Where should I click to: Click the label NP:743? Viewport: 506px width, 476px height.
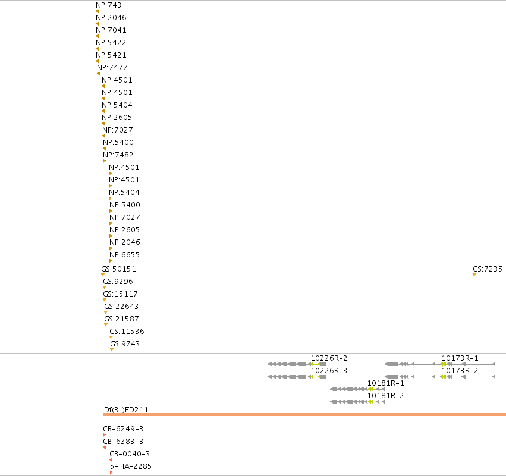point(108,5)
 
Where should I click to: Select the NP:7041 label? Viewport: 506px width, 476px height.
point(111,30)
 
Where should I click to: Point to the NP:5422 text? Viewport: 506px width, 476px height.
point(111,43)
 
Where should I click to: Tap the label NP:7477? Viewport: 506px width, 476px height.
point(112,67)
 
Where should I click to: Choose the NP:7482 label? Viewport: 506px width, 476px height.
point(118,155)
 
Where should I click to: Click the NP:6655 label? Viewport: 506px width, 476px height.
point(124,255)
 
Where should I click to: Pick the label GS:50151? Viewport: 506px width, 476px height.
point(119,269)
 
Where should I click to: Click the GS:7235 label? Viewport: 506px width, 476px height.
point(488,269)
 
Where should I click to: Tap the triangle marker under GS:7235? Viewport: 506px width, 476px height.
point(474,275)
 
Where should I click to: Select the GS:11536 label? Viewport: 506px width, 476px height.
point(127,331)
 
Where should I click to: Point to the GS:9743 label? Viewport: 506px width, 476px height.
point(125,343)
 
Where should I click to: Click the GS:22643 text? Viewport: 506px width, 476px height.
point(121,307)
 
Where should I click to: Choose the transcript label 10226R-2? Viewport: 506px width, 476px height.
point(329,358)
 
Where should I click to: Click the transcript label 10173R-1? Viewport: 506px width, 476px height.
point(460,358)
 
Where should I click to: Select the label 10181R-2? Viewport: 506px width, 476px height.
point(385,395)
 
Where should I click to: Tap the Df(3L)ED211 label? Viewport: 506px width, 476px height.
point(126,409)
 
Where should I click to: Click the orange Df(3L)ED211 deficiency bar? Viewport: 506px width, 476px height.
point(304,414)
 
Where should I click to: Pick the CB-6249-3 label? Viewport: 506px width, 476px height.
point(123,428)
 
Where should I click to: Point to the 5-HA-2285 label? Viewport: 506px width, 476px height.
point(131,466)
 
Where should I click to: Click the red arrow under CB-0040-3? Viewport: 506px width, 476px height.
point(111,460)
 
